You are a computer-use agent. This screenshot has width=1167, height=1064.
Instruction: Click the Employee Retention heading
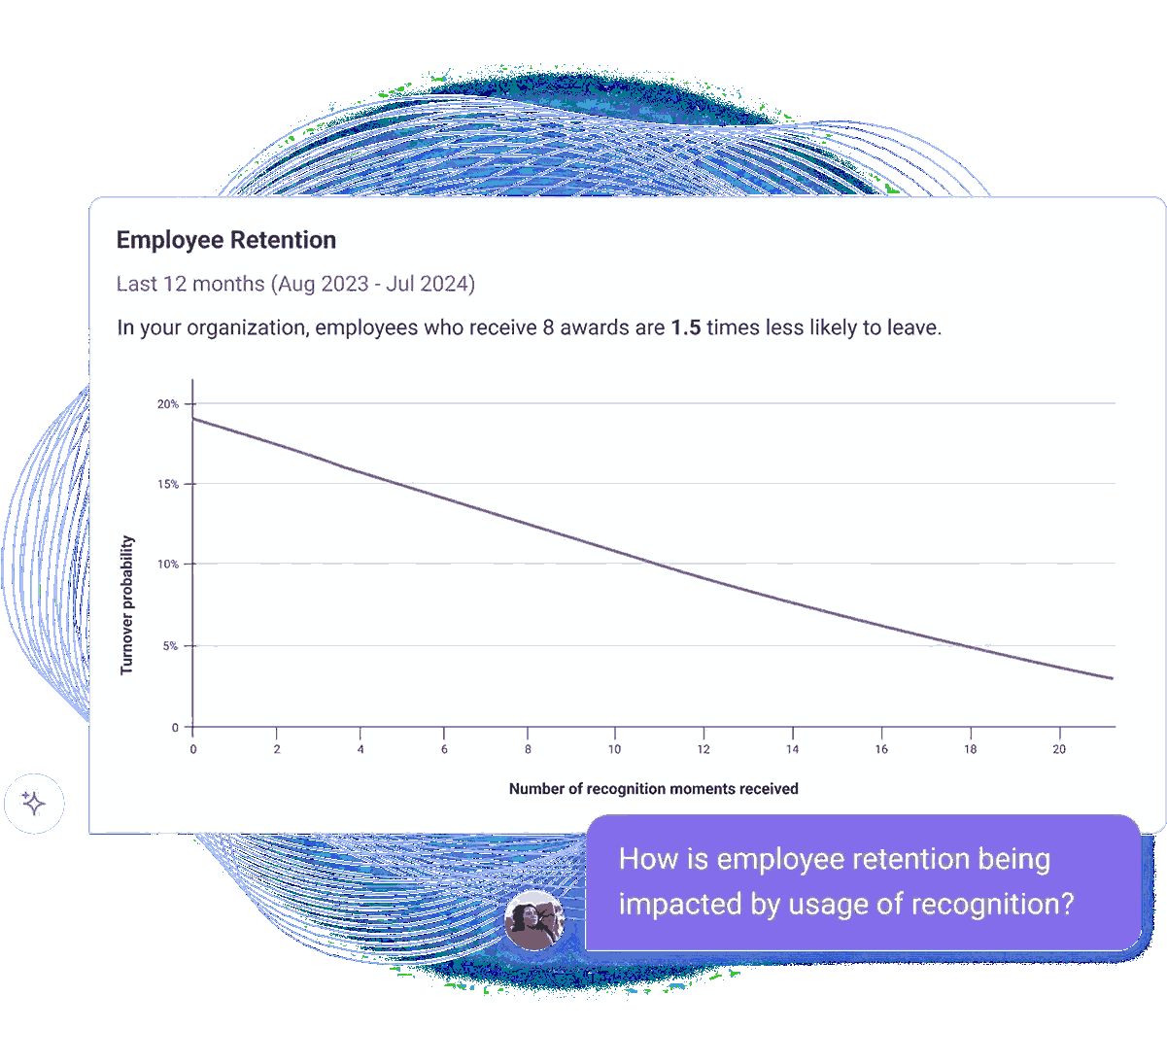(x=226, y=240)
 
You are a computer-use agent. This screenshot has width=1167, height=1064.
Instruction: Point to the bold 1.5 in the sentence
(x=686, y=327)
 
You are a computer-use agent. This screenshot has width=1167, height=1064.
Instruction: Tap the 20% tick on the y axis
(x=167, y=403)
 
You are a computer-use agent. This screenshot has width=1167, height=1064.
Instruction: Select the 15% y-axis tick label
(x=167, y=484)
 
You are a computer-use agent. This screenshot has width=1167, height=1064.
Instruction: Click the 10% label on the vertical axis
(x=167, y=564)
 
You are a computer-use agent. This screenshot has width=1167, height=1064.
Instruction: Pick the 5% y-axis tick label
(x=170, y=646)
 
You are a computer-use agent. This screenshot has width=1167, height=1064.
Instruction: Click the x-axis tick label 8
(x=528, y=749)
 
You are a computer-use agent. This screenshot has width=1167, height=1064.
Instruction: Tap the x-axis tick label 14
(x=792, y=749)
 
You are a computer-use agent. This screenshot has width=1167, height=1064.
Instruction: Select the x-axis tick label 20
(x=1059, y=749)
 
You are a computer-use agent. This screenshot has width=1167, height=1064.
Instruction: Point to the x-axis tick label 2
(x=277, y=749)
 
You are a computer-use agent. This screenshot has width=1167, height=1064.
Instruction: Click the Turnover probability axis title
(x=126, y=605)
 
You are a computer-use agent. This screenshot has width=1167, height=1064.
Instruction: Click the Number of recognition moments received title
(x=653, y=789)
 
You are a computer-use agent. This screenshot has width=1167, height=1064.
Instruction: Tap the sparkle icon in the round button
(x=33, y=803)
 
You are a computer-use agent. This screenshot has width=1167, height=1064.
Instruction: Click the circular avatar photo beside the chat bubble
(x=533, y=920)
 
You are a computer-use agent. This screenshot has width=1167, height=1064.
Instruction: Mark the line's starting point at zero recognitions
(x=193, y=419)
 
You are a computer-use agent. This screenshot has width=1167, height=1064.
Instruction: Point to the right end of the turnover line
(x=1113, y=678)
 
